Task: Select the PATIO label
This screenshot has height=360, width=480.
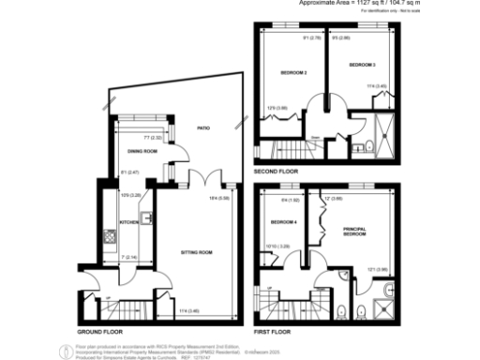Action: tap(202, 127)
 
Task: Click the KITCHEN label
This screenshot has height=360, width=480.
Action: tap(128, 222)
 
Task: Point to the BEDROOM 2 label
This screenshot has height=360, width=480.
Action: tap(293, 71)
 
